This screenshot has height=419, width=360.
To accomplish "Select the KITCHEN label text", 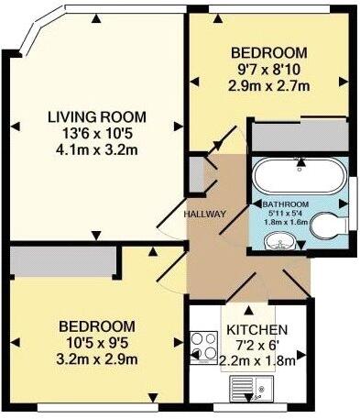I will coord(257,330).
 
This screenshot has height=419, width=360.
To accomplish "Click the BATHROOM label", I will coord(286,204).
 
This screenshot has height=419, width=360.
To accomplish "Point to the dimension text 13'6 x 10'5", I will coord(91,135).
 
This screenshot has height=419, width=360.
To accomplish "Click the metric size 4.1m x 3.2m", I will coord(91,152).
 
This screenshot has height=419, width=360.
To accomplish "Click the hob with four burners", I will coord(203,349).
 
